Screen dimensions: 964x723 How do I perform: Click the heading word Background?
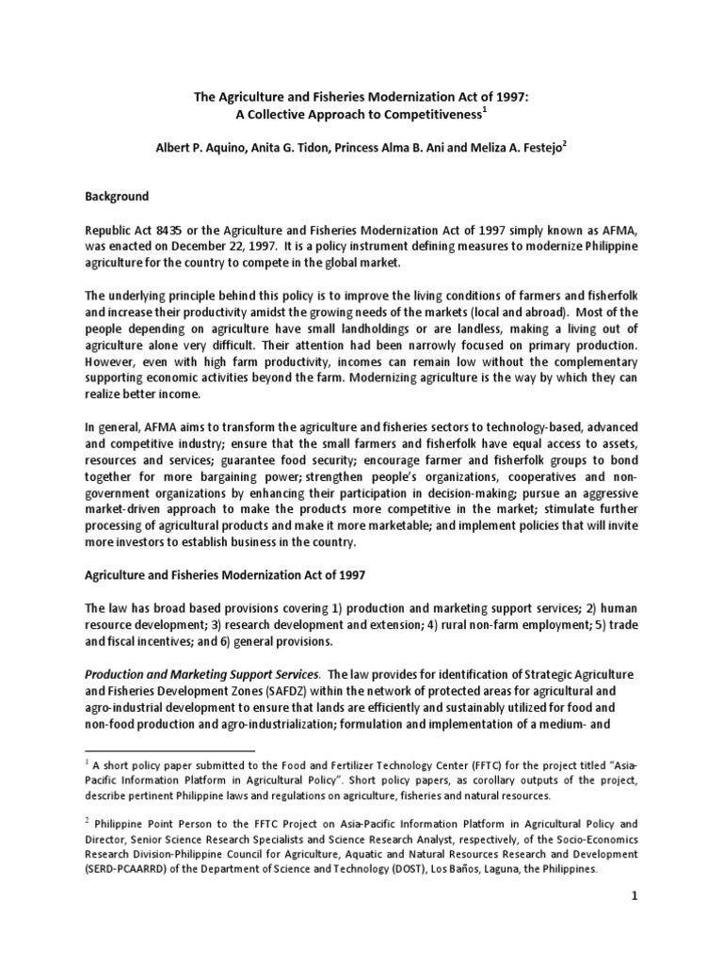click(117, 197)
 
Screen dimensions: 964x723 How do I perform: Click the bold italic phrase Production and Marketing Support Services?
click(201, 675)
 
